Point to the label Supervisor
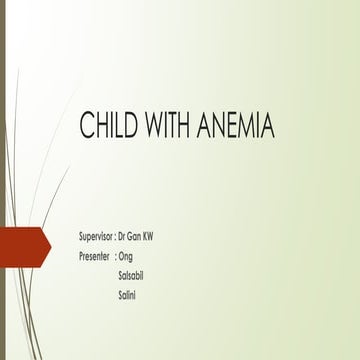[x=96, y=236]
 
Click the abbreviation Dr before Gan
[x=123, y=236]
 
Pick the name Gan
[x=137, y=236]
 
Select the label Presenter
[x=94, y=255]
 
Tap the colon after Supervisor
[x=115, y=237]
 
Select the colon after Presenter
[x=115, y=256]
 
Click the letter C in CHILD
[x=86, y=131]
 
